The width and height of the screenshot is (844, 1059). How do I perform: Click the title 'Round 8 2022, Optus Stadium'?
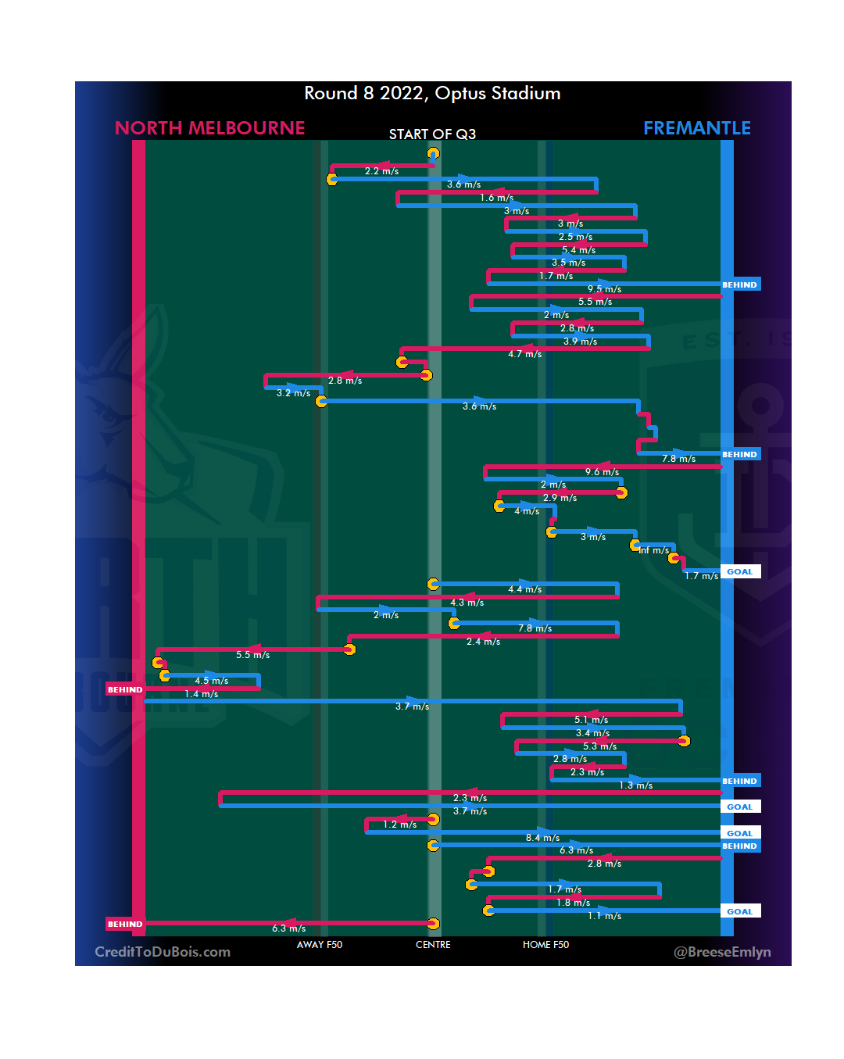pyautogui.click(x=432, y=94)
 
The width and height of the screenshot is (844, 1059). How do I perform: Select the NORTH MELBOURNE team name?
pyautogui.click(x=209, y=128)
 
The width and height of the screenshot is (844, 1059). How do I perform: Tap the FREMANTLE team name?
pyautogui.click(x=696, y=128)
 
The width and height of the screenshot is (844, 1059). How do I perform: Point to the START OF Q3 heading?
pyautogui.click(x=432, y=134)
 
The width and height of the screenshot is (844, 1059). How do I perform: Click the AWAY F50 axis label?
pyautogui.click(x=319, y=945)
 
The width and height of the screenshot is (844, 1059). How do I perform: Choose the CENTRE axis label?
pyautogui.click(x=433, y=945)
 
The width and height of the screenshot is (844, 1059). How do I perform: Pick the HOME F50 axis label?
pyautogui.click(x=545, y=945)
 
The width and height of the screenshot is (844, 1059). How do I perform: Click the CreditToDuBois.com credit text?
pyautogui.click(x=163, y=952)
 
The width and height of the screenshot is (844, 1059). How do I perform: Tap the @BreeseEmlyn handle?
pyautogui.click(x=722, y=952)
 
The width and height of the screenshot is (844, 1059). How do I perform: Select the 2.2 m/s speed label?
pyautogui.click(x=381, y=171)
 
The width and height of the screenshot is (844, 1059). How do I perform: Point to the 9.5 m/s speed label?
pyautogui.click(x=604, y=289)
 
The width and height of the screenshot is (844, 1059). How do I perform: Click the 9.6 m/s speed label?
pyautogui.click(x=602, y=472)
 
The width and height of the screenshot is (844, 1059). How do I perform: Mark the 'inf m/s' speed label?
pyautogui.click(x=654, y=550)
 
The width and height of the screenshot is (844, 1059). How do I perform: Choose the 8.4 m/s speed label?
pyautogui.click(x=542, y=838)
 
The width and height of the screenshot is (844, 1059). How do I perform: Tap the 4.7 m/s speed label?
pyautogui.click(x=524, y=354)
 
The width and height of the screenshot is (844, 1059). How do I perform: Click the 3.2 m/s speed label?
pyautogui.click(x=293, y=393)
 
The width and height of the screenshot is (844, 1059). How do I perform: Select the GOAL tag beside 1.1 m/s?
pyautogui.click(x=739, y=911)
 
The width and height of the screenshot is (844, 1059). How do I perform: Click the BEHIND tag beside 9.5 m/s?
pyautogui.click(x=739, y=285)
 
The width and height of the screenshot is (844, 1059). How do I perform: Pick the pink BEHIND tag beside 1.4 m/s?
pyautogui.click(x=125, y=689)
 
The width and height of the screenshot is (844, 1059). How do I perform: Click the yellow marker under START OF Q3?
pyautogui.click(x=433, y=153)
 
